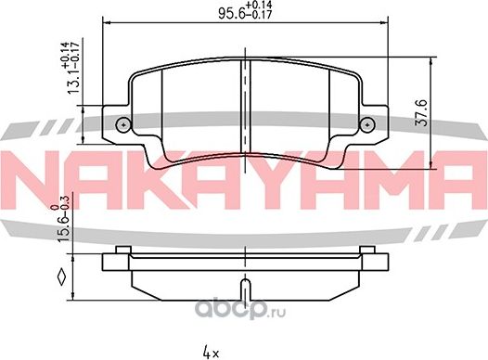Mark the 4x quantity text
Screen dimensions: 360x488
211,350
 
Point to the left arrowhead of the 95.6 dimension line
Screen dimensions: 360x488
105,22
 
